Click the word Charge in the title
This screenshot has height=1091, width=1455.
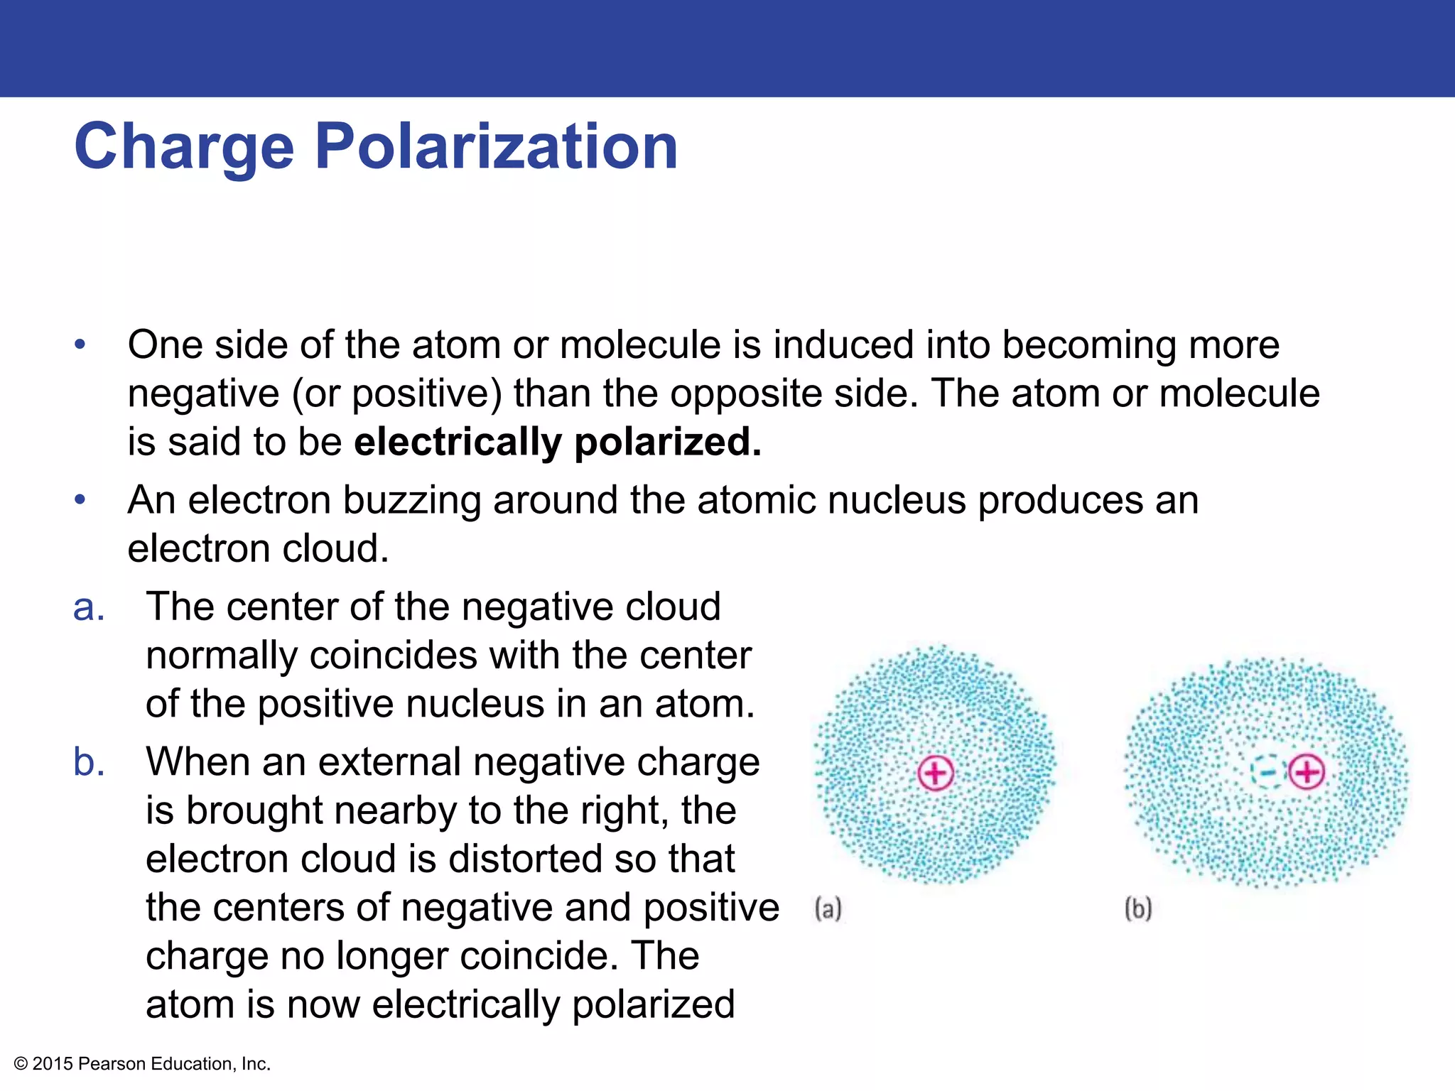coord(184,147)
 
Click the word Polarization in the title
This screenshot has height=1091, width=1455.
coord(496,147)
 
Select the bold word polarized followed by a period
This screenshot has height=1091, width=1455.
coord(667,443)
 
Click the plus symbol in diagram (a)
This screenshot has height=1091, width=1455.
coord(935,773)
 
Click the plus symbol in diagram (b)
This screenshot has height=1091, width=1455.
coord(1307,772)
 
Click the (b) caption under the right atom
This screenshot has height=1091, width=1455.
coord(1137,908)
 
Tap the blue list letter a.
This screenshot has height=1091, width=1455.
coord(89,608)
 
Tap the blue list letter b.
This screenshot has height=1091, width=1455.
coord(89,762)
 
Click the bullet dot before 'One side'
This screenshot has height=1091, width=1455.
coord(80,345)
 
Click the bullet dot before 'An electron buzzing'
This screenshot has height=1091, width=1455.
coord(80,500)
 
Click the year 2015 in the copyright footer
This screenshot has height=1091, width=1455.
coord(53,1063)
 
